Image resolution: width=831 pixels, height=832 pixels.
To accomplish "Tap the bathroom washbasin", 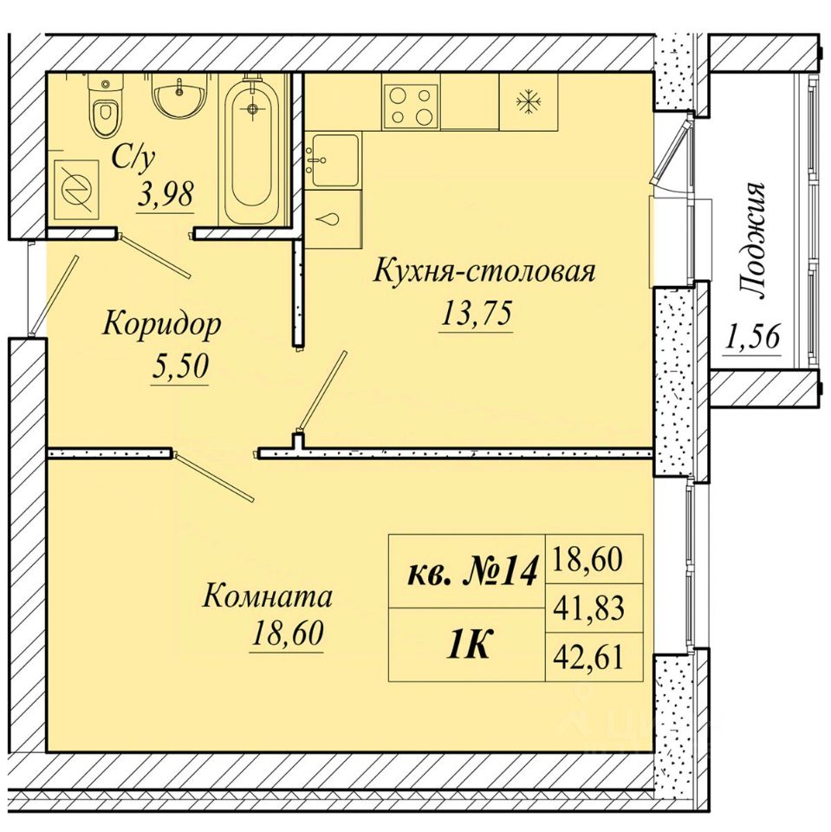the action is click(179, 96).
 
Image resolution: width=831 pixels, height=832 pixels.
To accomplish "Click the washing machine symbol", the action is click(76, 189).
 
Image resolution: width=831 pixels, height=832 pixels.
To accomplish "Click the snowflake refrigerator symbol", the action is click(529, 101).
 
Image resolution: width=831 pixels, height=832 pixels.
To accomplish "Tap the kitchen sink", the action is click(334, 160).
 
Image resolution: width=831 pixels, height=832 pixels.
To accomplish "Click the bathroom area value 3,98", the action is click(165, 195).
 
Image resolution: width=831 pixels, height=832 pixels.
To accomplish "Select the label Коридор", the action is click(161, 325).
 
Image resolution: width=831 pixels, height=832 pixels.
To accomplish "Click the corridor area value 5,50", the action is click(180, 367).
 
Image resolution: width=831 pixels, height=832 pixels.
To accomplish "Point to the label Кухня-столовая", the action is click(484, 271).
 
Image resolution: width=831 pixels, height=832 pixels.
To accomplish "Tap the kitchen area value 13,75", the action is click(476, 314).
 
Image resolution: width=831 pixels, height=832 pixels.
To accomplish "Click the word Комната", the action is click(268, 596).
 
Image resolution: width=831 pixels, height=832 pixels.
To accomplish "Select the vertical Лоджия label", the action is click(752, 242).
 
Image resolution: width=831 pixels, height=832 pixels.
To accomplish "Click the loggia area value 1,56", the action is click(752, 337).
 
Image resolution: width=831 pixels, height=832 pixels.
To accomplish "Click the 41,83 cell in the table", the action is click(588, 608).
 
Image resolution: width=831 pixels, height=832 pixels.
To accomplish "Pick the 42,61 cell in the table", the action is click(588, 657).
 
